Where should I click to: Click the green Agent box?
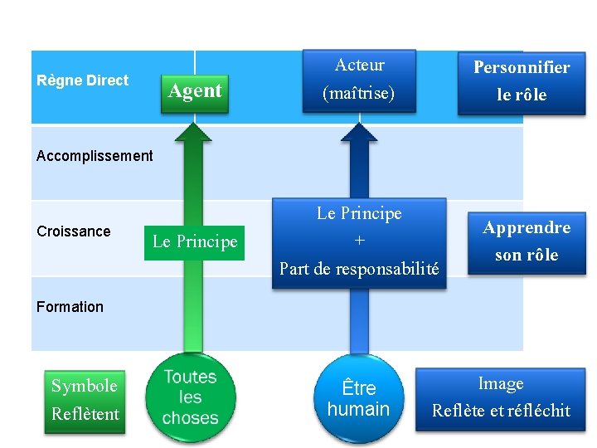pos(195,90)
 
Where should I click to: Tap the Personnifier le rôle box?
pos(522,81)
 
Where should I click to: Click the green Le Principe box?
pos(195,242)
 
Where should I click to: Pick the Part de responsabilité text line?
pos(359,269)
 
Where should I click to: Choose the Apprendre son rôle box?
pos(527,241)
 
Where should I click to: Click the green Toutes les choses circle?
pos(191,397)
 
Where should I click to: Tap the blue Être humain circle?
pos(358,398)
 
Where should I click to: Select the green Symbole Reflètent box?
pos(85,400)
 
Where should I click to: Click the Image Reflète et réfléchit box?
pos(501,397)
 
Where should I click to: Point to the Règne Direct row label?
pos(83,80)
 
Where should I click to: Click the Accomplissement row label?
pos(95,156)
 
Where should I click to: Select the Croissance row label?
pos(74,231)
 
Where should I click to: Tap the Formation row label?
pos(70,307)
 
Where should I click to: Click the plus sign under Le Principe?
pos(359,241)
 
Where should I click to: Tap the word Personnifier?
pos(522,68)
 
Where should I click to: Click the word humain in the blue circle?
pos(358,409)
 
